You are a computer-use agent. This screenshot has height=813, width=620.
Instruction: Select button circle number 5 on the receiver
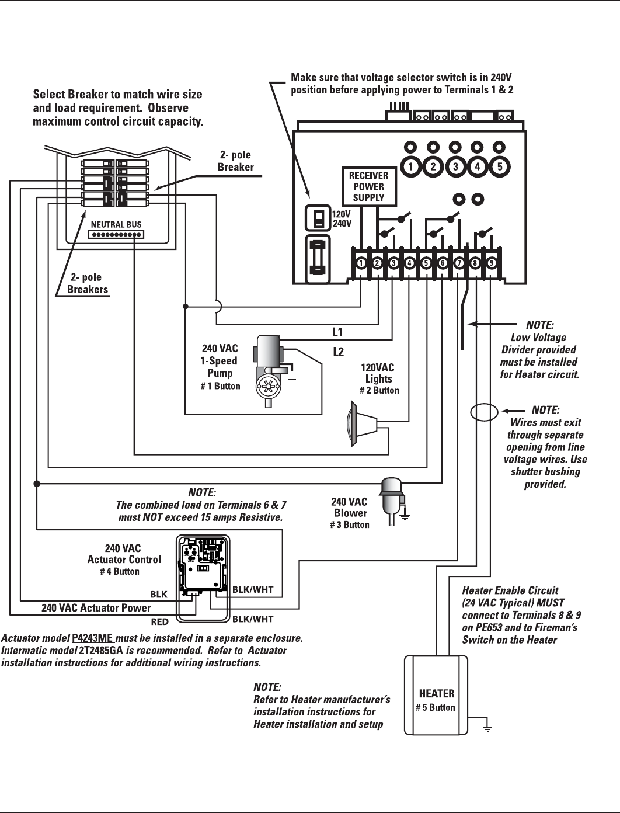pos(500,166)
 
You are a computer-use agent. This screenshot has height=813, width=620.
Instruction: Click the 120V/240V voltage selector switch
pos(318,218)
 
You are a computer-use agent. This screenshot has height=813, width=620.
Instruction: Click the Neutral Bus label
pos(116,224)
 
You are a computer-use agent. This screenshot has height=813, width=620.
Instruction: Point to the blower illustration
pos(390,496)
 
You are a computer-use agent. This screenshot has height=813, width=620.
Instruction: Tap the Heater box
pos(437,696)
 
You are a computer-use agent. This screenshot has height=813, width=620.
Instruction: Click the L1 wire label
pos(337,333)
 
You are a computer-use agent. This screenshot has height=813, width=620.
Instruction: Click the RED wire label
pos(159,622)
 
